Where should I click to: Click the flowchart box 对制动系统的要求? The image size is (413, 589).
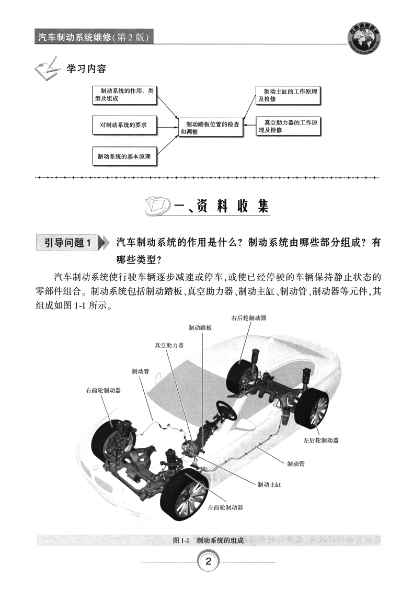(124, 125)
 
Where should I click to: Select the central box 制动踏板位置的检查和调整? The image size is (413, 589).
(211, 128)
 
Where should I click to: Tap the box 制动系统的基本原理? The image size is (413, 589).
(124, 156)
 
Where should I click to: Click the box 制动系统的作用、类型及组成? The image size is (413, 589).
(124, 95)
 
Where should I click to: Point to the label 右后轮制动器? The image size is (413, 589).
(249, 318)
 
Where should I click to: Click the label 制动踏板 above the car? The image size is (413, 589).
(200, 328)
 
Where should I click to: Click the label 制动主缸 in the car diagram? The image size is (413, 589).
(269, 485)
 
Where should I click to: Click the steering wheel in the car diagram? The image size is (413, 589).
(226, 410)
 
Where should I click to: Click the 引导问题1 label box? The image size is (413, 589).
(68, 243)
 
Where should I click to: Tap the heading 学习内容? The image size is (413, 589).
(86, 69)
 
